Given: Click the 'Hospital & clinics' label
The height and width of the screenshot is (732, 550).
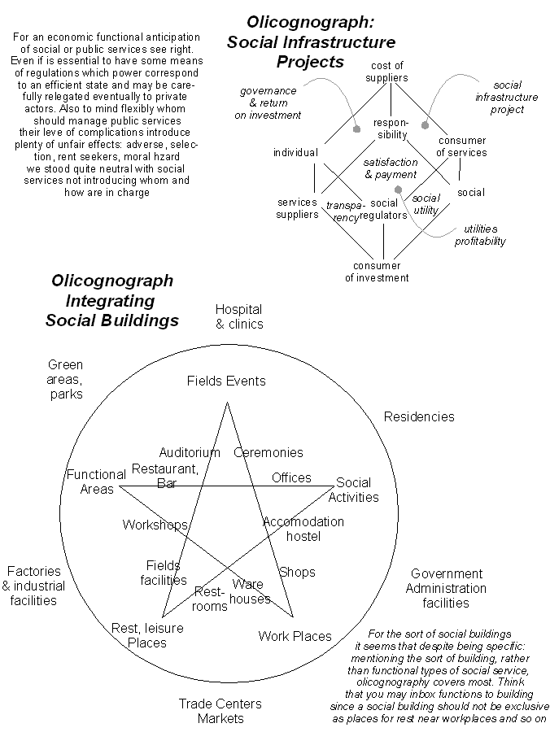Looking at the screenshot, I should [239, 316].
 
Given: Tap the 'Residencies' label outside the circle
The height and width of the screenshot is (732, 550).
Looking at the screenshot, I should [419, 416].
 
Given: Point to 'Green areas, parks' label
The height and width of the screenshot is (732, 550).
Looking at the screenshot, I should [65, 379].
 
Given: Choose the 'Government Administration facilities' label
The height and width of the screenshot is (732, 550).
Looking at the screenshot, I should [446, 588].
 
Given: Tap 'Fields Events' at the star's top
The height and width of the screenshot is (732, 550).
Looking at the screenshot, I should [226, 381].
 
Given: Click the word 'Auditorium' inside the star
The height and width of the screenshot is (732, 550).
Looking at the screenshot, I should [190, 452].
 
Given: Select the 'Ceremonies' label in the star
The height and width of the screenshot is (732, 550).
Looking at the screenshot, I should [268, 452].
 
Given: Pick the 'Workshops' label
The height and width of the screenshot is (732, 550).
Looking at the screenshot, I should [155, 525].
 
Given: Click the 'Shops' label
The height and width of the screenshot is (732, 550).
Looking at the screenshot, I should [297, 572].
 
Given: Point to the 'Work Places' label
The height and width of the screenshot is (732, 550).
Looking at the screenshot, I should [295, 636].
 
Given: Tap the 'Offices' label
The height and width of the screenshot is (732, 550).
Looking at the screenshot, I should [291, 477].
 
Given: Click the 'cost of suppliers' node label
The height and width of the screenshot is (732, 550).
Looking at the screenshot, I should [387, 72].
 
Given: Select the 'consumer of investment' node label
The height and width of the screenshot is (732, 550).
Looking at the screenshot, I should [377, 272].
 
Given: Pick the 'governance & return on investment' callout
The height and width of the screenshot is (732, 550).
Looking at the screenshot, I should [268, 103].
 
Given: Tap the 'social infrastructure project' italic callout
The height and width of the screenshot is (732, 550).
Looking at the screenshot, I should [507, 97].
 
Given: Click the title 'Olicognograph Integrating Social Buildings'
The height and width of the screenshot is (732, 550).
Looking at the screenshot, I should [112, 300].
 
